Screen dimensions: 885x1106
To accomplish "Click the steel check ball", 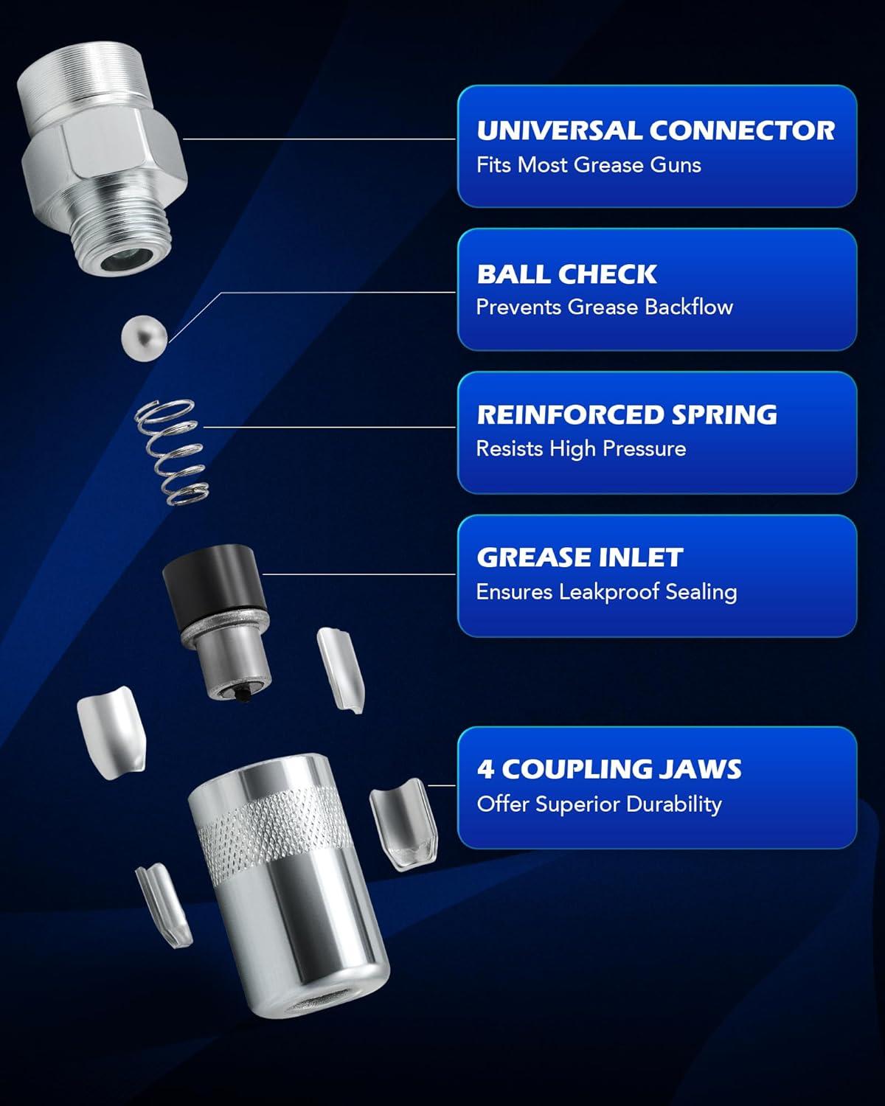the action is click(144, 338).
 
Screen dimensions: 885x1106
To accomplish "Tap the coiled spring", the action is click(171, 451).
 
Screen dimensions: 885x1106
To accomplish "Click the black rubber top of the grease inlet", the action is click(213, 580).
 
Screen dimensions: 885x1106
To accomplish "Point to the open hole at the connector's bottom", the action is click(125, 258).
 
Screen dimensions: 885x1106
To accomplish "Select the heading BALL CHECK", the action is click(566, 274).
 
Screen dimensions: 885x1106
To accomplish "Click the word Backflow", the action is click(689, 307).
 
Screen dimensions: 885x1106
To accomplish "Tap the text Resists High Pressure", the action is click(581, 449).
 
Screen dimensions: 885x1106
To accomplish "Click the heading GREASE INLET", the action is click(580, 557).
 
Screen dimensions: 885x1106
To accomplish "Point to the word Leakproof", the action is click(609, 592).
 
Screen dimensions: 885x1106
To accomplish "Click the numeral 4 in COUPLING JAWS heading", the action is click(485, 769).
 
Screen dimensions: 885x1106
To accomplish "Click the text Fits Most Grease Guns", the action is click(589, 165).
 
